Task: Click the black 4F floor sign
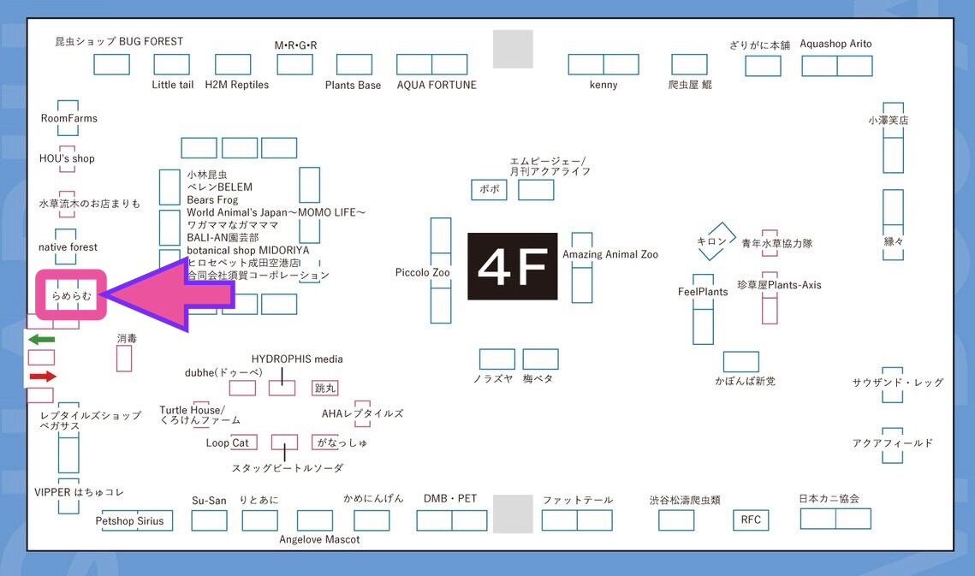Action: pos(512,266)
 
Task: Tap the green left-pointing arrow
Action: pos(41,340)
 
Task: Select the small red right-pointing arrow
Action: pos(42,377)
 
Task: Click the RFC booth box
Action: pos(751,520)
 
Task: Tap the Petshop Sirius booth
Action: pos(129,520)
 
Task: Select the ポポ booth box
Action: pos(489,190)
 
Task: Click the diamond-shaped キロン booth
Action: pos(716,241)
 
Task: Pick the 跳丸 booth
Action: pos(326,389)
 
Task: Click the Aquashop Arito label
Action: pos(835,44)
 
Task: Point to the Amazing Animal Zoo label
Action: pos(610,255)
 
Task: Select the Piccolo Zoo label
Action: pos(422,273)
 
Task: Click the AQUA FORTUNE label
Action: pos(437,85)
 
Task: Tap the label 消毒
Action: pos(127,339)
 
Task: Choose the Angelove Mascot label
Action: pos(319,539)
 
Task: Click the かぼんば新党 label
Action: pos(745,381)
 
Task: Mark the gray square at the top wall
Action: pos(513,49)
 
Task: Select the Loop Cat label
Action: pos(228,442)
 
